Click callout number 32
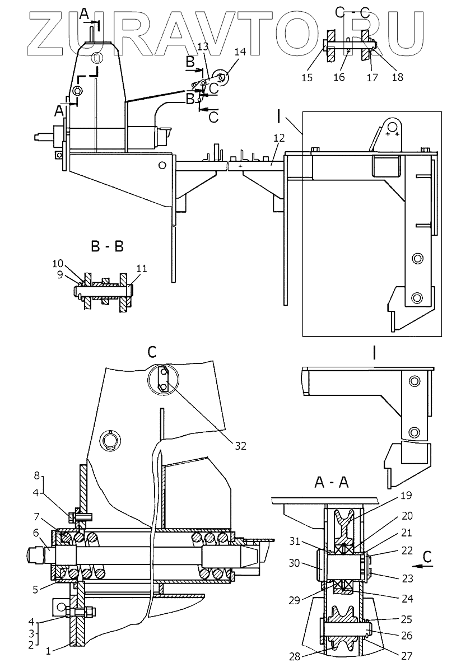click(240, 446)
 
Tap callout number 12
click(279, 138)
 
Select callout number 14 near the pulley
click(240, 52)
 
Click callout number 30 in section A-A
click(295, 563)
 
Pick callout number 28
click(295, 657)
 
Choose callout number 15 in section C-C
click(307, 77)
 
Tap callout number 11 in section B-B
click(142, 268)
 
